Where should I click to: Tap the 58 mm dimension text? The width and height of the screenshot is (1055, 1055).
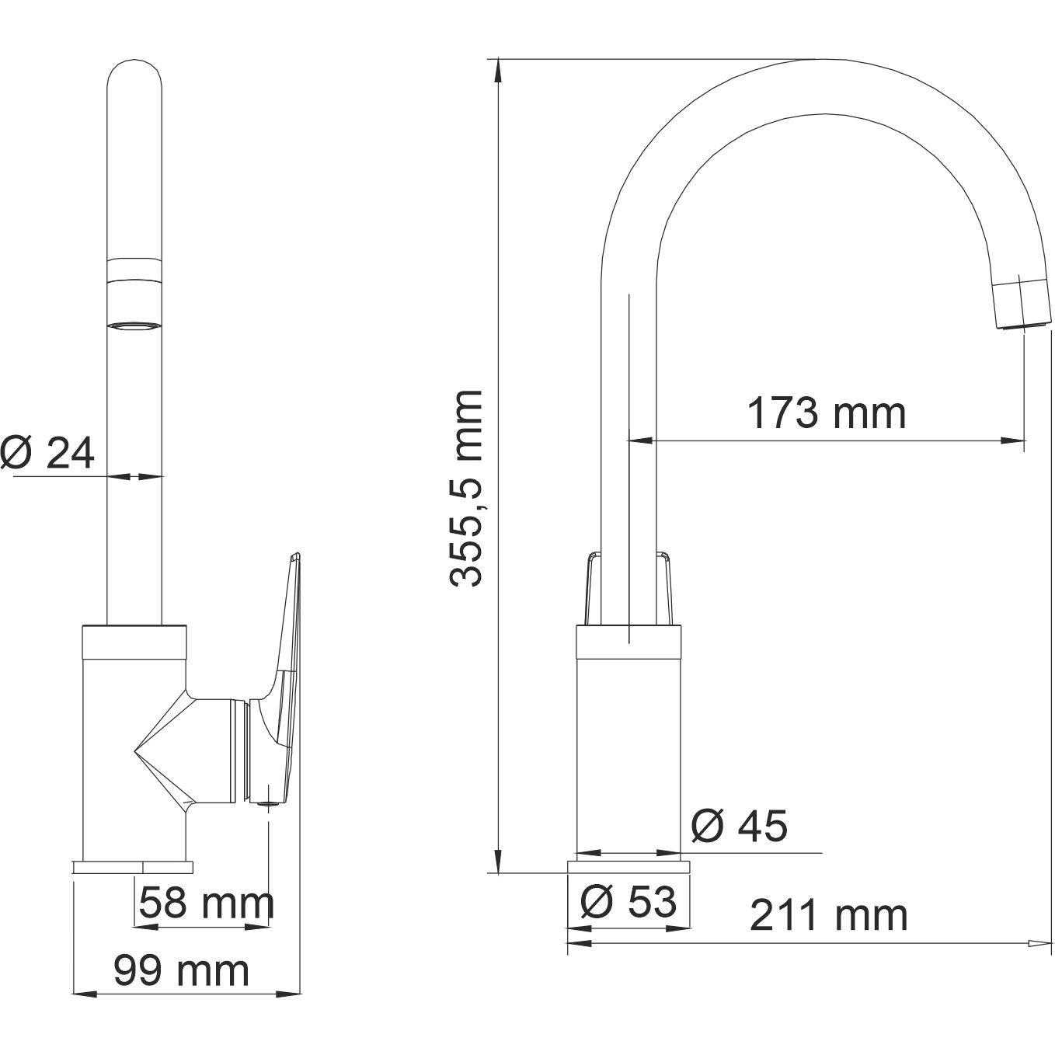(207, 903)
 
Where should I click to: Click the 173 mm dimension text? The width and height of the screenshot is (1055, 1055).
(826, 413)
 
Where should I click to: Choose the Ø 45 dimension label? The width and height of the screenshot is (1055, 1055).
(738, 826)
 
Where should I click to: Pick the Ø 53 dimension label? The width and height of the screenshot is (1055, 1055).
(628, 902)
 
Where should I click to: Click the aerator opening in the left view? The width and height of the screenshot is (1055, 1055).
(135, 326)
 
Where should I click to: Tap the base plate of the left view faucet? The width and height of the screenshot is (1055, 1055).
(132, 866)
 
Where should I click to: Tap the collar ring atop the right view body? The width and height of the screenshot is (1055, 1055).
(628, 642)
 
